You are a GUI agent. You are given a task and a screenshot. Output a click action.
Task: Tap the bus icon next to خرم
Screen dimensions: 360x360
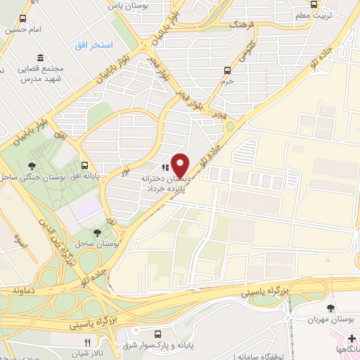pos(226,70)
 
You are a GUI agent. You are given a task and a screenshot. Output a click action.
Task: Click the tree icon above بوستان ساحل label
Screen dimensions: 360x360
pos(96,232)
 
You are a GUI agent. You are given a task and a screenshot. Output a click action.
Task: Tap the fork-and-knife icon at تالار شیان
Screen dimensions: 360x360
pos(87,342)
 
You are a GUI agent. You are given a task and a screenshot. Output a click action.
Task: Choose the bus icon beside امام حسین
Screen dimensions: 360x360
pos(23,19)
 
